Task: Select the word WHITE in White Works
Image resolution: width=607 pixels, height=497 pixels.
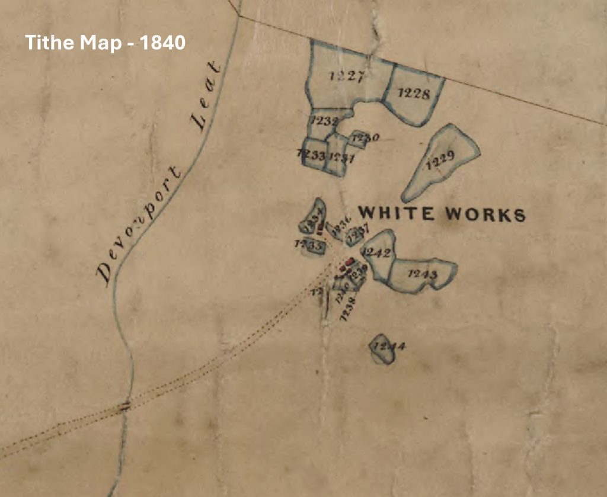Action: (397, 213)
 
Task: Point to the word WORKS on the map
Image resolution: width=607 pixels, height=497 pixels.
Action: (485, 214)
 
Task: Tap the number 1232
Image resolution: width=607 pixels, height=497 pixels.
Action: (324, 121)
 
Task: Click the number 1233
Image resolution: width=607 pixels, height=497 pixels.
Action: (311, 155)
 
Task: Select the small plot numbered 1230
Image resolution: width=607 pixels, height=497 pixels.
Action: (364, 138)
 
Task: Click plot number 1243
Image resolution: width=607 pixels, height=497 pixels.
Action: (423, 274)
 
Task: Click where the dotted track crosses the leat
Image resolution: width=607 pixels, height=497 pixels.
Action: (124, 406)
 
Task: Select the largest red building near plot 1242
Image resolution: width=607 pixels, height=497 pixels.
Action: (350, 261)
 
